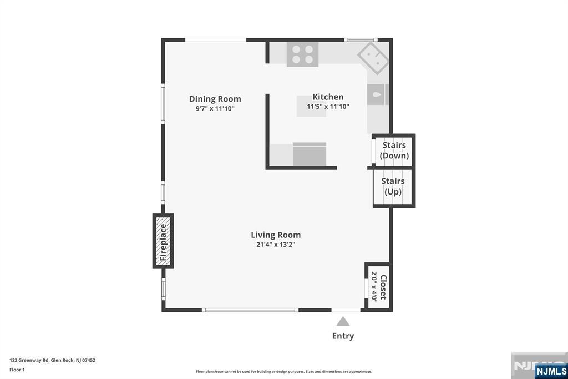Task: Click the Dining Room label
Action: tap(215, 99)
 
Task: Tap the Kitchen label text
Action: tap(328, 97)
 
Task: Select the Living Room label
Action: tap(276, 235)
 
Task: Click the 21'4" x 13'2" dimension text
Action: tap(276, 245)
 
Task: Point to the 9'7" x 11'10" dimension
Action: tap(215, 108)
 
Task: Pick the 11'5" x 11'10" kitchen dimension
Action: tap(328, 107)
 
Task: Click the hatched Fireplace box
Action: tap(163, 241)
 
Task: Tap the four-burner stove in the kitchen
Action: tap(302, 54)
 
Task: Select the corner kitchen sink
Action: tap(373, 58)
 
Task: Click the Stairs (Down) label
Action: tap(394, 150)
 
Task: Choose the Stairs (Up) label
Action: tap(393, 186)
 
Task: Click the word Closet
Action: tap(383, 287)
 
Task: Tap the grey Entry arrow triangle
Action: tap(343, 322)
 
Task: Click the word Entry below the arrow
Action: tap(343, 336)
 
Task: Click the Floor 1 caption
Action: tap(17, 370)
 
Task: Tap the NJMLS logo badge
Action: tap(551, 371)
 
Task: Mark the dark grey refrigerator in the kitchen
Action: tap(310, 154)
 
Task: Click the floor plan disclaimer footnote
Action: tap(284, 372)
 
